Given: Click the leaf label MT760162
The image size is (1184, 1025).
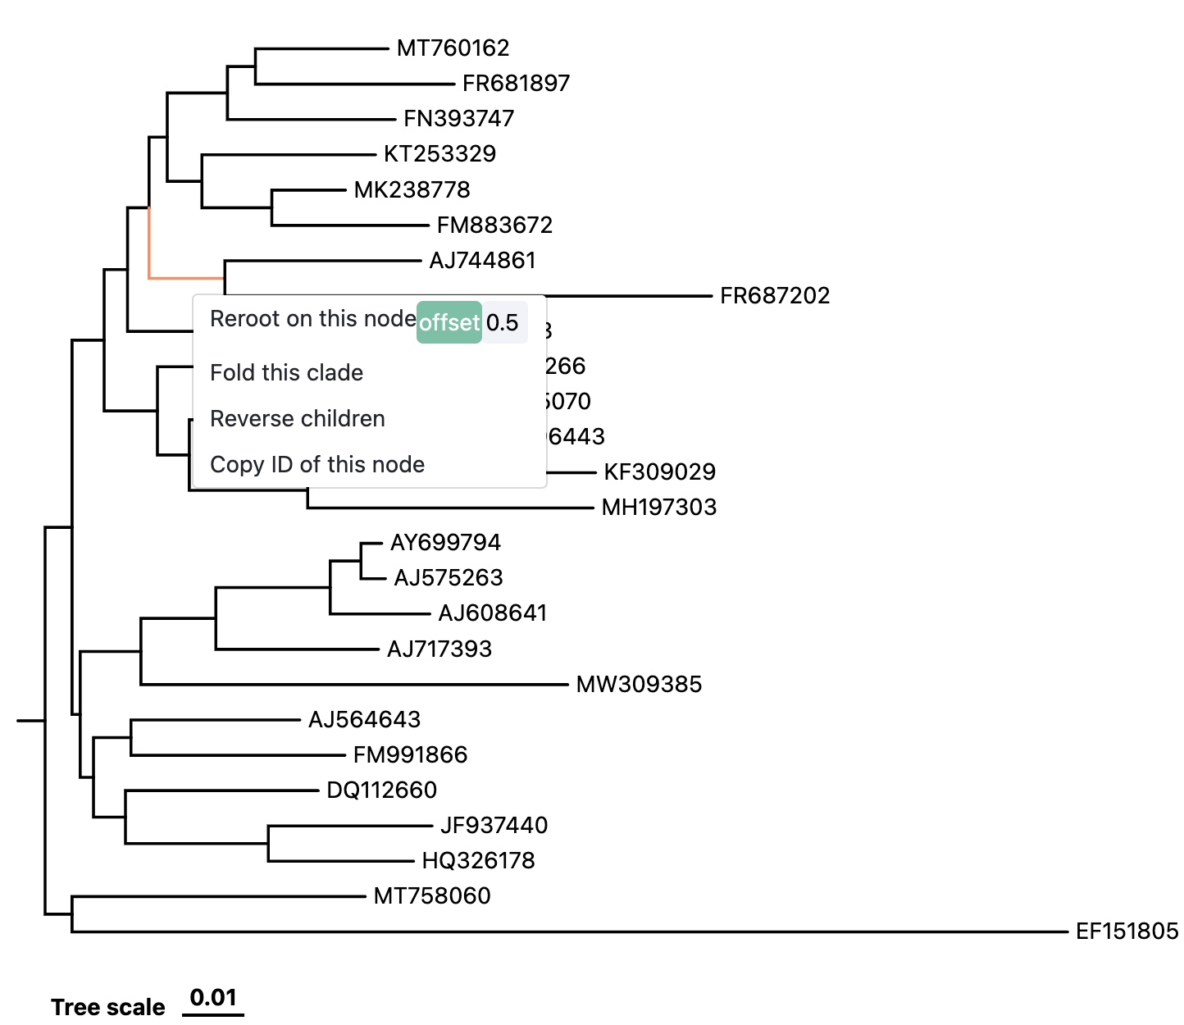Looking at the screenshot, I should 453,48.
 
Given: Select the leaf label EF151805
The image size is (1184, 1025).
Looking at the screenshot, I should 1127,932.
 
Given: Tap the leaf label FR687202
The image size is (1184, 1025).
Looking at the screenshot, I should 775,296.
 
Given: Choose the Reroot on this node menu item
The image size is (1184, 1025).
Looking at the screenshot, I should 312,319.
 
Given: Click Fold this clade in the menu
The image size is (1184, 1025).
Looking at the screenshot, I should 286,373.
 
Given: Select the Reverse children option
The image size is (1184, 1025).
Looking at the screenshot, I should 297,419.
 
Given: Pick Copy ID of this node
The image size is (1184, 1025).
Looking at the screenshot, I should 317,465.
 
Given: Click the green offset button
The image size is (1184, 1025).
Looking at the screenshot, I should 449,322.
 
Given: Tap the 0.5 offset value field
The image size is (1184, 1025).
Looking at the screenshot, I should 503,322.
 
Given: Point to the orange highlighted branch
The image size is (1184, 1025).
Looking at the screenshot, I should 185,278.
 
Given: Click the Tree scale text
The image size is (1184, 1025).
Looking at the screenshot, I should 108,1007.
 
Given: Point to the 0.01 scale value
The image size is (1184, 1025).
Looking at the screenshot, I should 213,998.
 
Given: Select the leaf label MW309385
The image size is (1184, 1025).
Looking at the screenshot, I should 639,685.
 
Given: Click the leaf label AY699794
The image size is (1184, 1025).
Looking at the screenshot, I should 445,543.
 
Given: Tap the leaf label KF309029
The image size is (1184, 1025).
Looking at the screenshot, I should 659,472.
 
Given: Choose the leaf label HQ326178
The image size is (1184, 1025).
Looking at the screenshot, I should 478,861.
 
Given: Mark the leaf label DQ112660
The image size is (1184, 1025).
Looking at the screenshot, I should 381,790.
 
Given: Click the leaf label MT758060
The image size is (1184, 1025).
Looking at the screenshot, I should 432,896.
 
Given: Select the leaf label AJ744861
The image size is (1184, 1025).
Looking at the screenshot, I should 482,261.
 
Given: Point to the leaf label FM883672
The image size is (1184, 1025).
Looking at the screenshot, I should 494,225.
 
